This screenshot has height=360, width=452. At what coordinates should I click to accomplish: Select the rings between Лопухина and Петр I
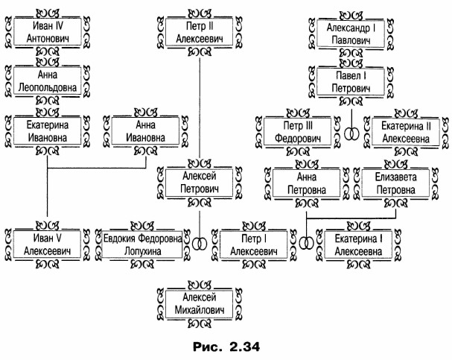pos(199,244)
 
